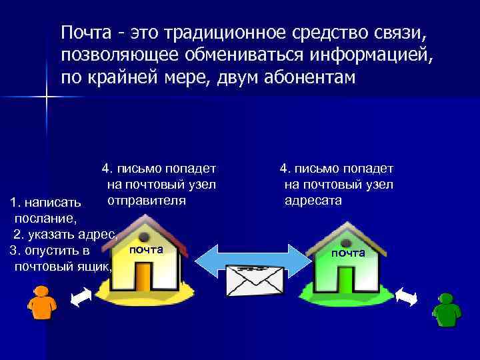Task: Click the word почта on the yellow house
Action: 145,249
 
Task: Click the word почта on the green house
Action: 348,253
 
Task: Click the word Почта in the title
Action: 83,32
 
